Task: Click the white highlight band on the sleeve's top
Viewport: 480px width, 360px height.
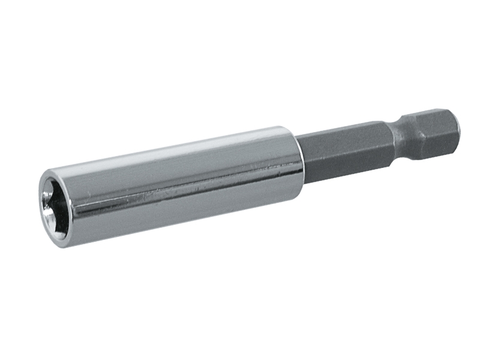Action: (180, 148)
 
